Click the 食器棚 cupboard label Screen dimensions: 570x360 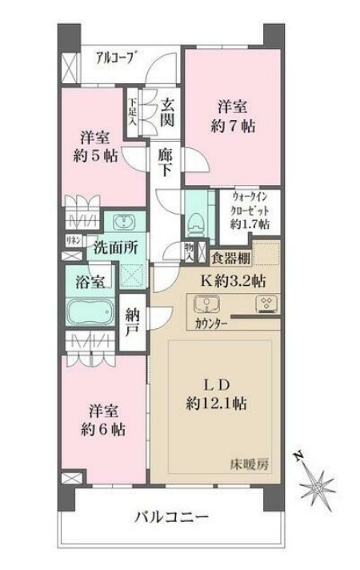point(230,258)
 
